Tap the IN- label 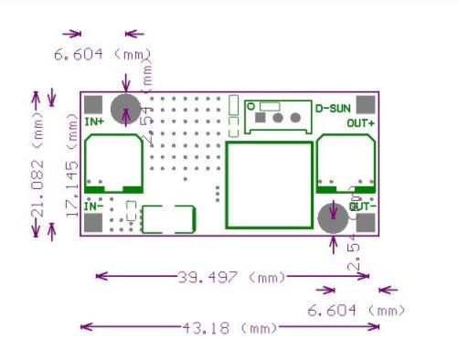tap(93, 207)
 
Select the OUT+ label tap(360, 123)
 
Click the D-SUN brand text tap(334, 108)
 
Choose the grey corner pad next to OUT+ tap(365, 103)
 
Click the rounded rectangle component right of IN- tap(169, 219)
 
